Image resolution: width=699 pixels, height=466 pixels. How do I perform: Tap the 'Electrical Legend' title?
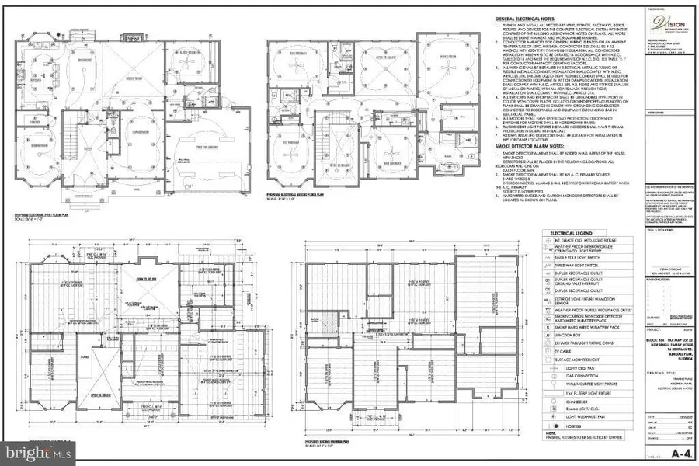572,232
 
